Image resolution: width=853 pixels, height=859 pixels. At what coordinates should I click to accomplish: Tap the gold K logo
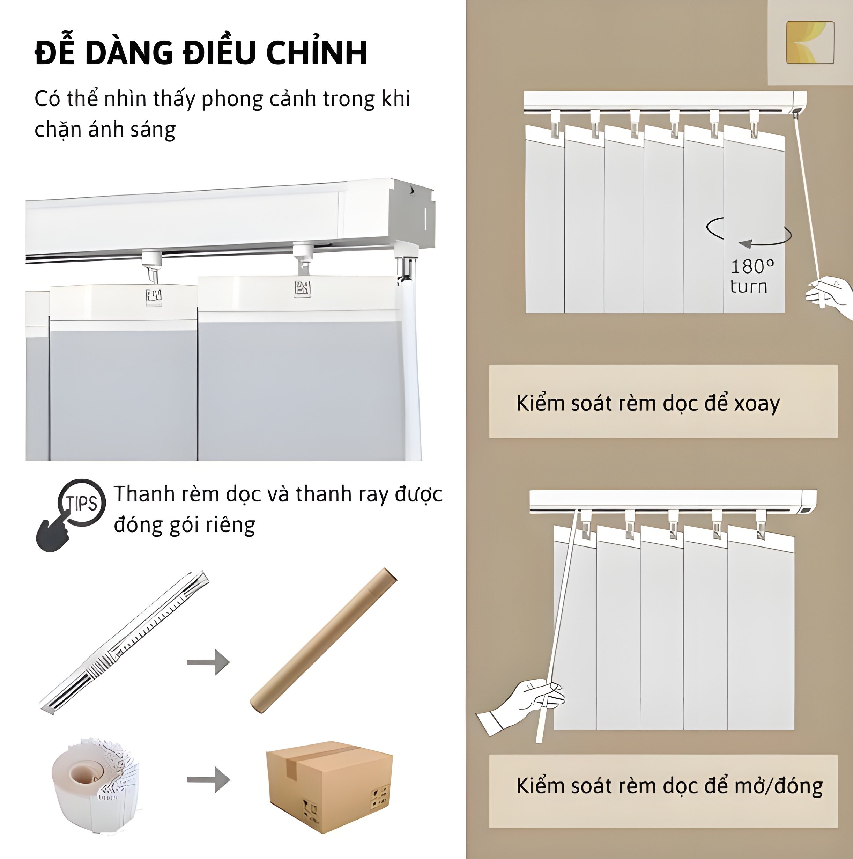pos(810,42)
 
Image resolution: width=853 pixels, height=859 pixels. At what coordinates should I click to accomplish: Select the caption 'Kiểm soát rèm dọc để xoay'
pos(648,403)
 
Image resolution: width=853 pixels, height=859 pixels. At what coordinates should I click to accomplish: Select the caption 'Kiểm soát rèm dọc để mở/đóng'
pos(669,786)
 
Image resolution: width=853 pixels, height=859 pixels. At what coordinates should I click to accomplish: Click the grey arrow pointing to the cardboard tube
pos(208,662)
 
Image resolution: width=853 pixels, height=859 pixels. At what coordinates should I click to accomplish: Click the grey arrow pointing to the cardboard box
pos(208,779)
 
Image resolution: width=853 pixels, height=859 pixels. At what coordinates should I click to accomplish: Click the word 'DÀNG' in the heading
pos(129,52)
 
